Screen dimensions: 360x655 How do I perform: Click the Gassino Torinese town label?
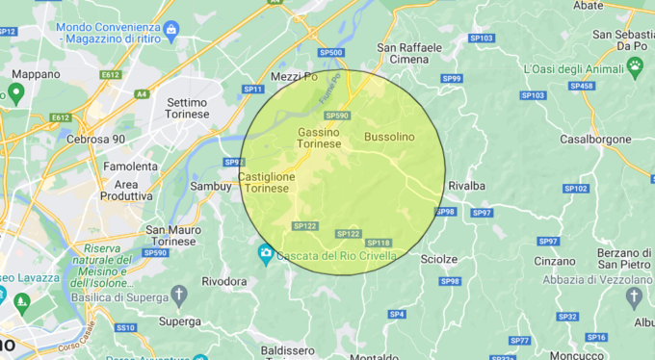319,138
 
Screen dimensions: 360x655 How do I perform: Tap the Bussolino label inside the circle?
389,138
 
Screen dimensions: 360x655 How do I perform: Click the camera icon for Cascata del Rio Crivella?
266,255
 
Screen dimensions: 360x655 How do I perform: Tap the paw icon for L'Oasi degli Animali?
635,64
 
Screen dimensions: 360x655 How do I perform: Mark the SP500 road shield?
330,52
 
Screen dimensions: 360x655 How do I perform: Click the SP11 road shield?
253,89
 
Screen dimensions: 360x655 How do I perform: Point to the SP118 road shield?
379,243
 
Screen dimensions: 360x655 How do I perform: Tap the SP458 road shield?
582,86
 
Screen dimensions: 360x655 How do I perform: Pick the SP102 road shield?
575,189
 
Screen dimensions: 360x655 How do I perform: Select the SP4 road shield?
396,315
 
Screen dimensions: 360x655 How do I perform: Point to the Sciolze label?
439,259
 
